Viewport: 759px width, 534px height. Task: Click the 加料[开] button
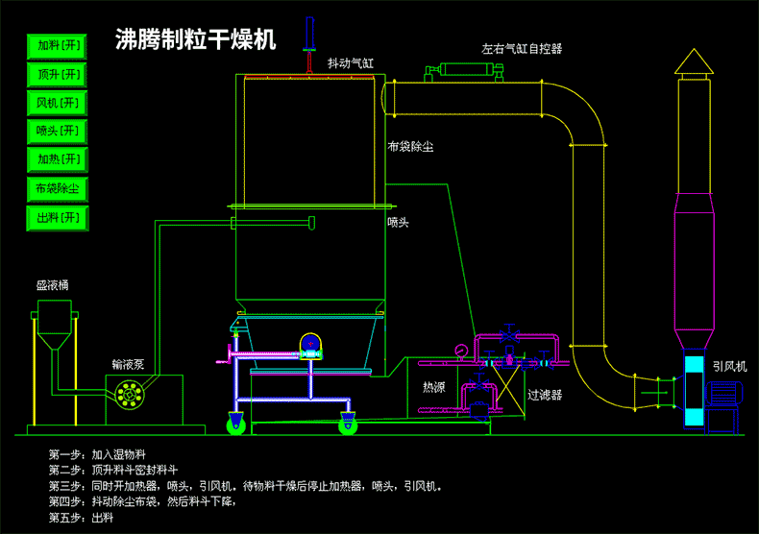(x=59, y=45)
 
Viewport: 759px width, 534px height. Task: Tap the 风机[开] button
(x=59, y=103)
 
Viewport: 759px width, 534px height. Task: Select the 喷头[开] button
(x=59, y=132)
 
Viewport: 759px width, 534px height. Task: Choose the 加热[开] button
(x=59, y=159)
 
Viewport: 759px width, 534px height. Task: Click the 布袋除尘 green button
(x=59, y=188)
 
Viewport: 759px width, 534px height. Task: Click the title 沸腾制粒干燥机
(x=195, y=40)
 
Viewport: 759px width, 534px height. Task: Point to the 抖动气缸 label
(x=351, y=63)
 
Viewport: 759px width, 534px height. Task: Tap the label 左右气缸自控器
(x=522, y=48)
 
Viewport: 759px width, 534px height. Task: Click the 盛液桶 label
(x=53, y=285)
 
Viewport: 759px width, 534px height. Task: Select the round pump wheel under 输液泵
(x=128, y=391)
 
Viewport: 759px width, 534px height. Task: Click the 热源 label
(x=434, y=387)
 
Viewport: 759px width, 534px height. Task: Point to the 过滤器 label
(x=545, y=394)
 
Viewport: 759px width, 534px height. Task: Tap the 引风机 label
(x=729, y=366)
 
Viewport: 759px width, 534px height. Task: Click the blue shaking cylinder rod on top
(x=309, y=36)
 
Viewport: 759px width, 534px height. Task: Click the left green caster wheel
(x=233, y=424)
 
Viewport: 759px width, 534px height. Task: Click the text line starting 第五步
(x=81, y=518)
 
